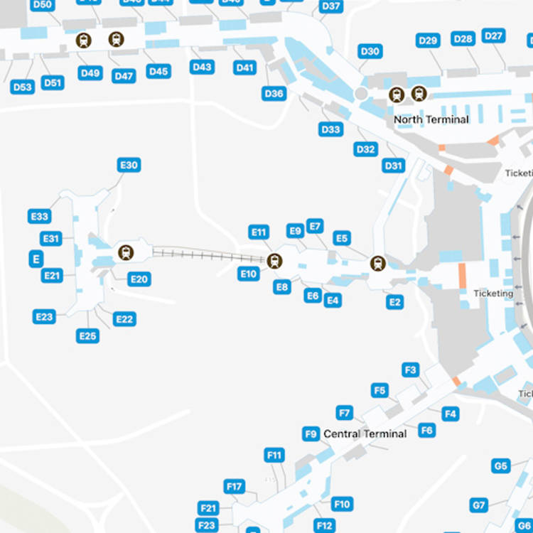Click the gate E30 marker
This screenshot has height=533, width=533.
129,165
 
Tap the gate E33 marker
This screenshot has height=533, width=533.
40,217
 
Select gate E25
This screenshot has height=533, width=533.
88,335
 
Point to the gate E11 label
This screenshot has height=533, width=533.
259,232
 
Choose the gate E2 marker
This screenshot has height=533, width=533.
395,302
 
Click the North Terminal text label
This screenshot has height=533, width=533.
431,119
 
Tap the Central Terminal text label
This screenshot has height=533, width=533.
365,434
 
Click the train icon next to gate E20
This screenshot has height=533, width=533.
126,252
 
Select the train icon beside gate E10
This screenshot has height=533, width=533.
274,261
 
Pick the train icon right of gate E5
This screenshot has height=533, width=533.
377,264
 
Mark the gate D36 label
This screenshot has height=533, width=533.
274,93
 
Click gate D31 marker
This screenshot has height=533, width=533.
394,166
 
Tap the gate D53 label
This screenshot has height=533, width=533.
23,87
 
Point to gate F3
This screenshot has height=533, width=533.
411,370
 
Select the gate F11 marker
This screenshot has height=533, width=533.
274,455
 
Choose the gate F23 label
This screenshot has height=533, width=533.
207,525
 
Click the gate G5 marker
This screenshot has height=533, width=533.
501,466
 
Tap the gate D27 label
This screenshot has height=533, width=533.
493,36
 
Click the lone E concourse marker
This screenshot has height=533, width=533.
36,259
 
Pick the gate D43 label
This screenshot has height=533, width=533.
202,67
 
